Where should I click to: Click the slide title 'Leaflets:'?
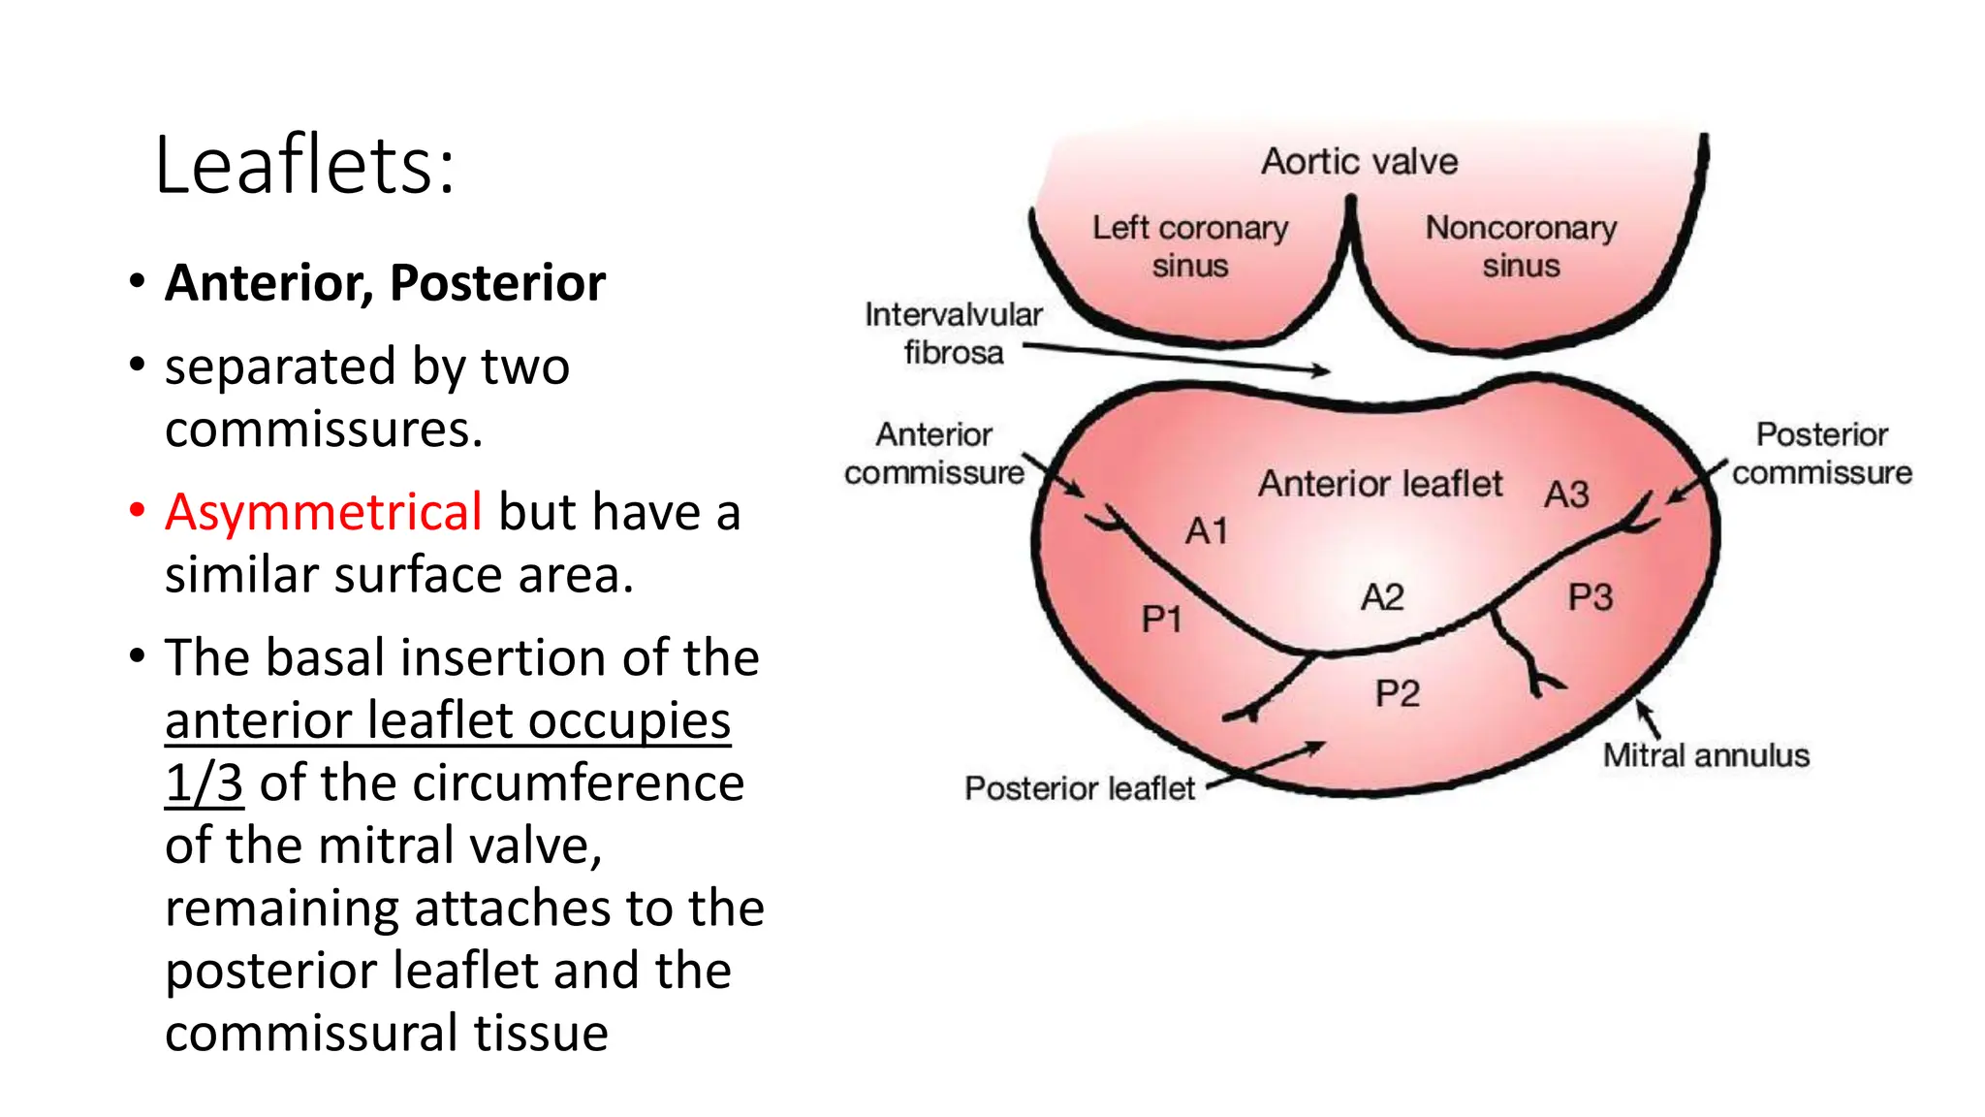(304, 165)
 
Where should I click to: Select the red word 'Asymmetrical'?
(323, 511)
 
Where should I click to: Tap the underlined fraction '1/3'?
(204, 782)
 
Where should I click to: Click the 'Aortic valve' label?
(1359, 161)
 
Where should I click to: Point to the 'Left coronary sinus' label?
(1190, 246)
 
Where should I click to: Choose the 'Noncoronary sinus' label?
(1521, 246)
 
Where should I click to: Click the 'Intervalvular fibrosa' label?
(953, 333)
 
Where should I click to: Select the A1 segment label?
(1207, 531)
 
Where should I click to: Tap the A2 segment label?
(1382, 597)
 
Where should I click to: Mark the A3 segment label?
(1566, 495)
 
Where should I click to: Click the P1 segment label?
(1161, 619)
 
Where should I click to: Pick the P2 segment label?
(1397, 693)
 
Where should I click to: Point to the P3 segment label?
(1591, 597)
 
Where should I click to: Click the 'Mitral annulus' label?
(1706, 755)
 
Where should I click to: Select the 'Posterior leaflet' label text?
(1080, 788)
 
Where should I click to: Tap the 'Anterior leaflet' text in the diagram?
(1380, 483)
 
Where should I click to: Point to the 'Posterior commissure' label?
(1821, 453)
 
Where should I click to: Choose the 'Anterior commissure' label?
(933, 453)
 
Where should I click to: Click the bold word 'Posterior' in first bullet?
(497, 283)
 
